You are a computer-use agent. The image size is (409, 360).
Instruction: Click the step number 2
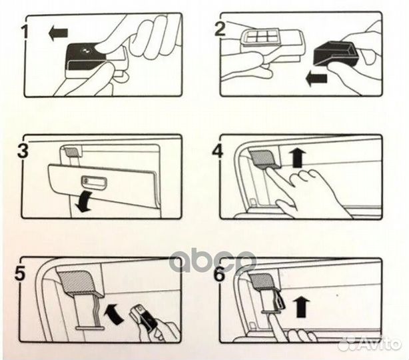point(220,28)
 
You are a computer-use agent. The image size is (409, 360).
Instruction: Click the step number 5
point(20,273)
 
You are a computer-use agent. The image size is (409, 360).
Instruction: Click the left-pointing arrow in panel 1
point(58,33)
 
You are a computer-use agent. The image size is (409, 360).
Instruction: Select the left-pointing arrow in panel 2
point(316,79)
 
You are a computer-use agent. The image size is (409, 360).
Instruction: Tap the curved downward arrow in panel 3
point(84,202)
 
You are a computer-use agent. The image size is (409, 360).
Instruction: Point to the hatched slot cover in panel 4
point(263,158)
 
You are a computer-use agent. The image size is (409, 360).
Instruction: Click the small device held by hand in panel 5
point(145,317)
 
